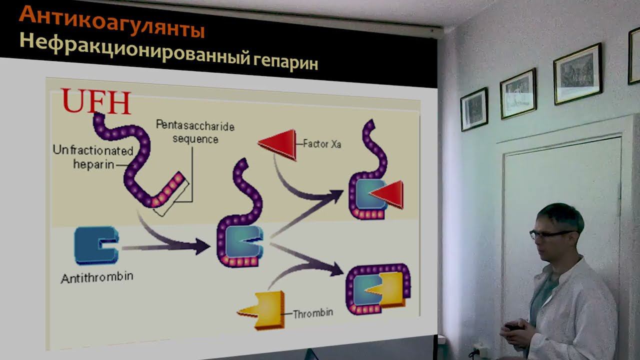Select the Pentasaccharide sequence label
point(195,131)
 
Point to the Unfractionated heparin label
point(93,157)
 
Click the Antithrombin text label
point(97,276)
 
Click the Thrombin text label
point(312,314)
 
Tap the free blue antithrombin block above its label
point(95,244)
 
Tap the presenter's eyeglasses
point(550,233)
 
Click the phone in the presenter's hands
point(512,327)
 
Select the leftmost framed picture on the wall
point(473,109)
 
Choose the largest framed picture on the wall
point(577,73)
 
